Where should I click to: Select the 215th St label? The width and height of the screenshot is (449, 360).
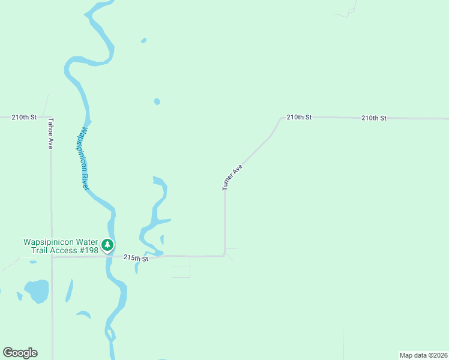coord(136,258)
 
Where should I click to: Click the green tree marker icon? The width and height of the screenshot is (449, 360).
coord(107,245)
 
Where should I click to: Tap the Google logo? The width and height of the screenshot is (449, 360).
coord(20,353)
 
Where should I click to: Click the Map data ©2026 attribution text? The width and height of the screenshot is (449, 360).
coord(423,355)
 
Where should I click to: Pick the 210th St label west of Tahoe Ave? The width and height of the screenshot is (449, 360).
coord(24,117)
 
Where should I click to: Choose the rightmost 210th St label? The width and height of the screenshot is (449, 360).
coord(373,118)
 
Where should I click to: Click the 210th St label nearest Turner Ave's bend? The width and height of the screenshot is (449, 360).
coord(299,117)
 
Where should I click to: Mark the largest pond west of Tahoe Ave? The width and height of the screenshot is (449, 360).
coord(37,290)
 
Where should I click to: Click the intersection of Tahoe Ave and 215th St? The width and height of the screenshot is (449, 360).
coord(52,257)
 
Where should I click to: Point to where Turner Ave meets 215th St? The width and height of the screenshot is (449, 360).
coord(224,256)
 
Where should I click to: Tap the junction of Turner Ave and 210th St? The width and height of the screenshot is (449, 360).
coord(281,118)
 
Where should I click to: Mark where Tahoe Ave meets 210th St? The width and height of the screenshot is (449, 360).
coord(51,117)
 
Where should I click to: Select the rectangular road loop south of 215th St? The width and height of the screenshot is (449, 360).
coord(181,266)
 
